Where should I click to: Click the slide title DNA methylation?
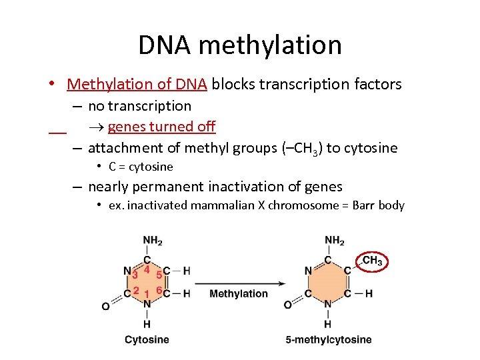240,45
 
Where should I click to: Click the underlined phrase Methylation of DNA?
138,84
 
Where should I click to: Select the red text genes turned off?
161,127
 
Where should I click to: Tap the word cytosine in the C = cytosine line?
151,167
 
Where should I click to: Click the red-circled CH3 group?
372,261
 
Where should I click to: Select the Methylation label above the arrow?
239,293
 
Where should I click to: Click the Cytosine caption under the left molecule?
147,339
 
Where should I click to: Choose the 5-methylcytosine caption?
329,339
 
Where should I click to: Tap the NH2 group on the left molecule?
152,241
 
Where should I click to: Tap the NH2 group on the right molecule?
334,241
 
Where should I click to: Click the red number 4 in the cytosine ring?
147,269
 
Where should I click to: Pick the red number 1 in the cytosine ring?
146,294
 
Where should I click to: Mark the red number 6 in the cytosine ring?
159,290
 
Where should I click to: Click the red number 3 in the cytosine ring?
135,274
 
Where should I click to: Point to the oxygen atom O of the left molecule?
105,306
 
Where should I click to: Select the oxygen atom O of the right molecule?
287,305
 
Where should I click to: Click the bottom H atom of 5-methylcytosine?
328,324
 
